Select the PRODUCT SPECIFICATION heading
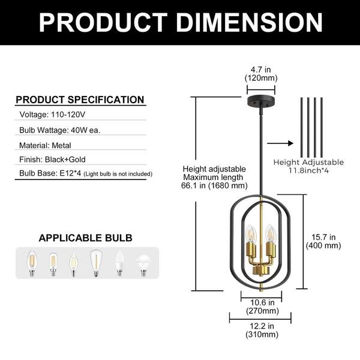[80, 100]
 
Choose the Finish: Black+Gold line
[53, 160]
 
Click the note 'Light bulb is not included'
[118, 175]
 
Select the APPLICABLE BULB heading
[86, 238]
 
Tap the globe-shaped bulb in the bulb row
[142, 262]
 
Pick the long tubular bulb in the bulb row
[95, 262]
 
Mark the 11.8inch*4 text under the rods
[308, 170]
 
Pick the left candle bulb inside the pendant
[251, 234]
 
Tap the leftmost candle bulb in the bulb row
[29, 262]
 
